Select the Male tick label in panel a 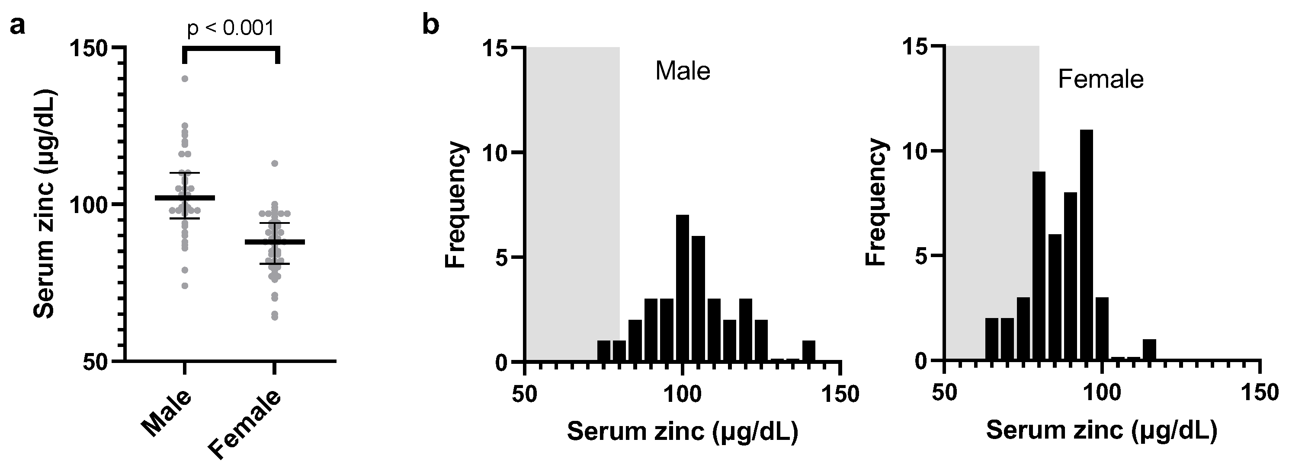167,413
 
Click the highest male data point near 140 185,79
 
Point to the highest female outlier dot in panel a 275,163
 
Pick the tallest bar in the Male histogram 683,287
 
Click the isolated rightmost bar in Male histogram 808,350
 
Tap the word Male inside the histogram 683,71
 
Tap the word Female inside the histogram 1100,80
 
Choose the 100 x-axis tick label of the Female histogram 1101,393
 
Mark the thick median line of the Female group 275,242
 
